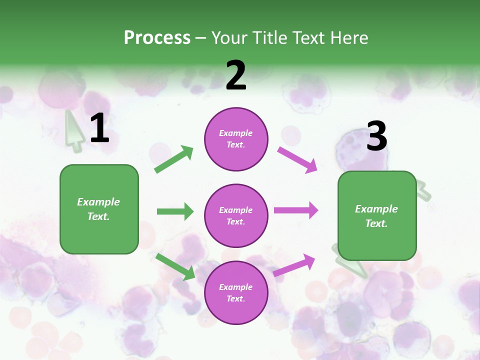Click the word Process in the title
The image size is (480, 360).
157,38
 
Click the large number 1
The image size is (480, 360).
99,128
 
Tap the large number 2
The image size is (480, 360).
236,75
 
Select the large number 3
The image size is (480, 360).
376,136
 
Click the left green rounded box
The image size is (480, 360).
99,209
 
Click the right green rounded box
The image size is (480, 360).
377,216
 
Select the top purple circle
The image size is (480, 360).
236,139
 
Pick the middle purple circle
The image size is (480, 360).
236,216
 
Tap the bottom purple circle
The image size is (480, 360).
236,293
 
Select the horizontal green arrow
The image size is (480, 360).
175,211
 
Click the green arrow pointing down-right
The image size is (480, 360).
175,266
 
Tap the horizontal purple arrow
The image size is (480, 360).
296,210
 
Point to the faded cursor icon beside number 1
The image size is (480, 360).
74,131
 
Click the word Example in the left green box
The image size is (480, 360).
98,202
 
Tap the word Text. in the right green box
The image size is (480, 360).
376,223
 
